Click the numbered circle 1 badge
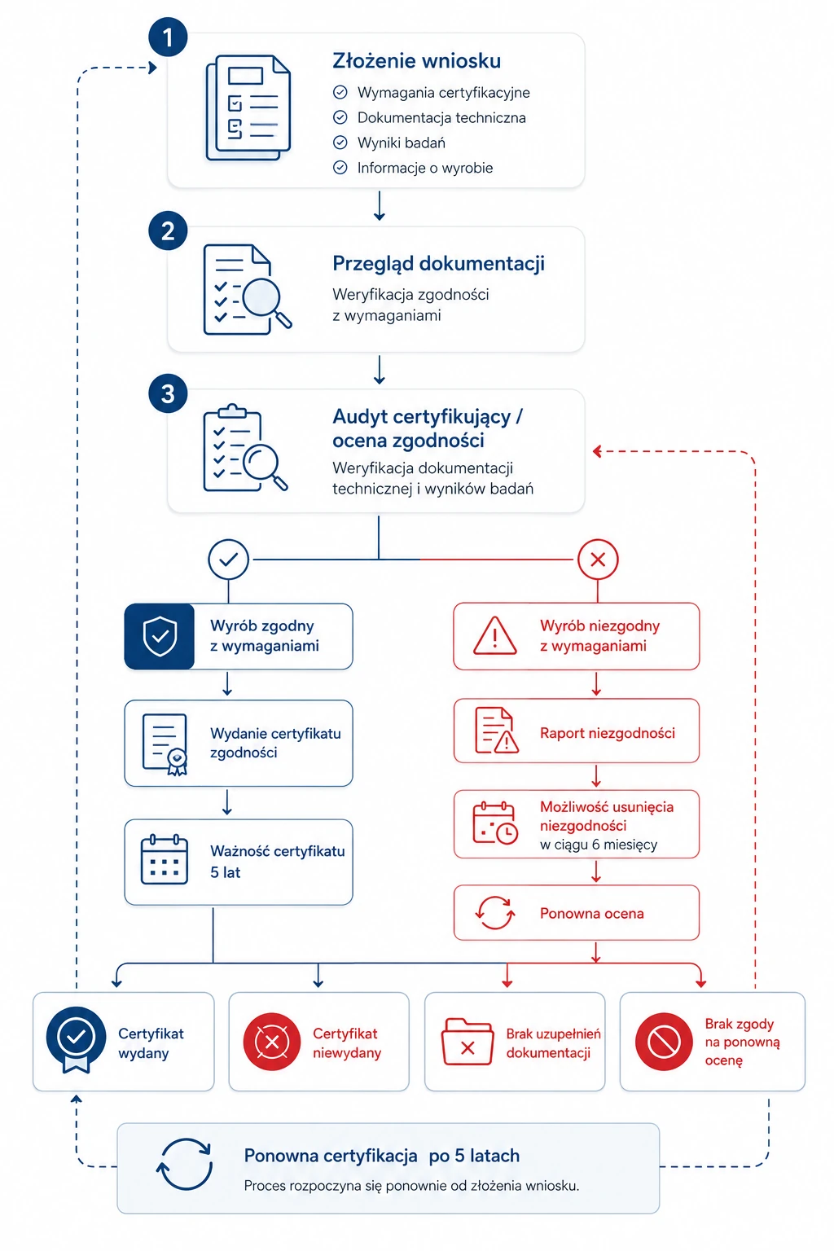pyautogui.click(x=168, y=37)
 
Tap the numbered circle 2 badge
pyautogui.click(x=168, y=230)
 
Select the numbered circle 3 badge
pyautogui.click(x=168, y=393)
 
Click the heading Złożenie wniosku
pyautogui.click(x=416, y=61)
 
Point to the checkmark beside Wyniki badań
pyautogui.click(x=340, y=143)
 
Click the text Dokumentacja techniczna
pyautogui.click(x=441, y=118)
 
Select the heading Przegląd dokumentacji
pyautogui.click(x=438, y=264)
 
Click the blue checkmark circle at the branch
pyautogui.click(x=229, y=559)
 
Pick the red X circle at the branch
pyautogui.click(x=598, y=559)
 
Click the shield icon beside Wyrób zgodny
pyautogui.click(x=160, y=636)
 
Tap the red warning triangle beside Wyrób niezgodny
pyautogui.click(x=495, y=635)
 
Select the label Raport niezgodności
pyautogui.click(x=608, y=733)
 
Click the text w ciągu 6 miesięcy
pyautogui.click(x=599, y=845)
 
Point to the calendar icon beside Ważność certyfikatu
pyautogui.click(x=165, y=859)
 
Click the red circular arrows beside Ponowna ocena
pyautogui.click(x=495, y=913)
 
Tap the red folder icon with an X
pyautogui.click(x=467, y=1042)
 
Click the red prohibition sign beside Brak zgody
pyautogui.click(x=664, y=1042)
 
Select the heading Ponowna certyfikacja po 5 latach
pyautogui.click(x=381, y=1156)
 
